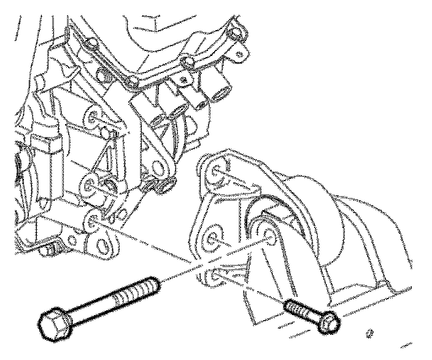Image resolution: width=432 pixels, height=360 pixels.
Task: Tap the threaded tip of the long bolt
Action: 153,284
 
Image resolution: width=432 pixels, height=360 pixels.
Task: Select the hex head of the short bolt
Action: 330,322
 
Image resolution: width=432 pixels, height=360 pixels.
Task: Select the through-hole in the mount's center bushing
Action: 269,233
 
